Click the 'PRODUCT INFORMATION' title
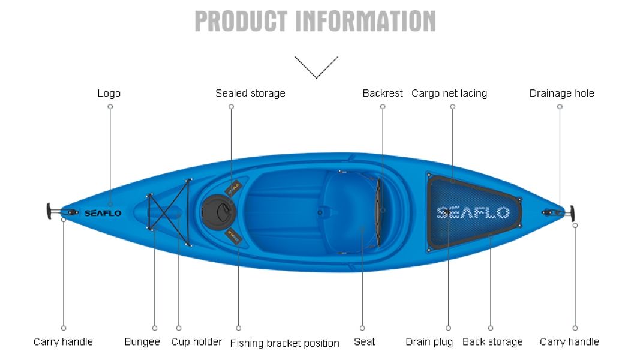click(315, 21)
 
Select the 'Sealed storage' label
click(250, 94)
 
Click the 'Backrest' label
click(383, 94)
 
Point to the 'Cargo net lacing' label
click(449, 94)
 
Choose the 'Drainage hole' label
click(561, 94)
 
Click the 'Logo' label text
click(109, 94)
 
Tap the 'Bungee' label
click(142, 342)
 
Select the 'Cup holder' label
click(197, 342)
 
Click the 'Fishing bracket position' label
click(285, 343)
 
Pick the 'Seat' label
click(364, 342)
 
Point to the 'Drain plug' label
click(429, 342)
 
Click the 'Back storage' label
click(492, 342)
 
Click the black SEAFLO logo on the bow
click(103, 213)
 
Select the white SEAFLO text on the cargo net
click(473, 212)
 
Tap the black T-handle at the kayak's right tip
click(572, 213)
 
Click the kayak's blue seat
click(348, 212)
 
